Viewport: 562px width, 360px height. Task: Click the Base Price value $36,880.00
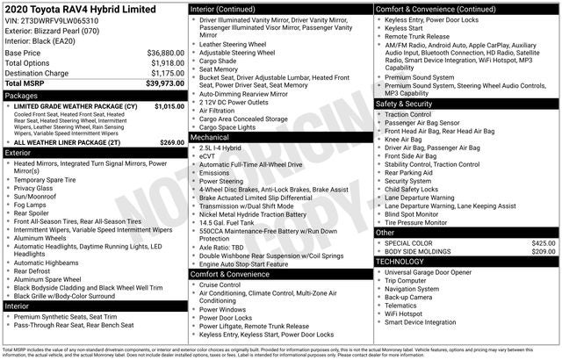pos(165,53)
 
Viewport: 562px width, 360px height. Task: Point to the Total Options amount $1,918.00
pos(167,63)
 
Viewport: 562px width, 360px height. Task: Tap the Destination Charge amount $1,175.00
pos(167,74)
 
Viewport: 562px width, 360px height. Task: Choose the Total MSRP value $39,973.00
pos(164,83)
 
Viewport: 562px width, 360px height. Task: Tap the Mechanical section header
pos(210,138)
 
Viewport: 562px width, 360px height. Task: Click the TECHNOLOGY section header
pos(400,262)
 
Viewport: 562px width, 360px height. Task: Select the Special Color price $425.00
pos(544,242)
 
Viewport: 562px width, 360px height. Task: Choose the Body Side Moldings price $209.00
pos(544,252)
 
